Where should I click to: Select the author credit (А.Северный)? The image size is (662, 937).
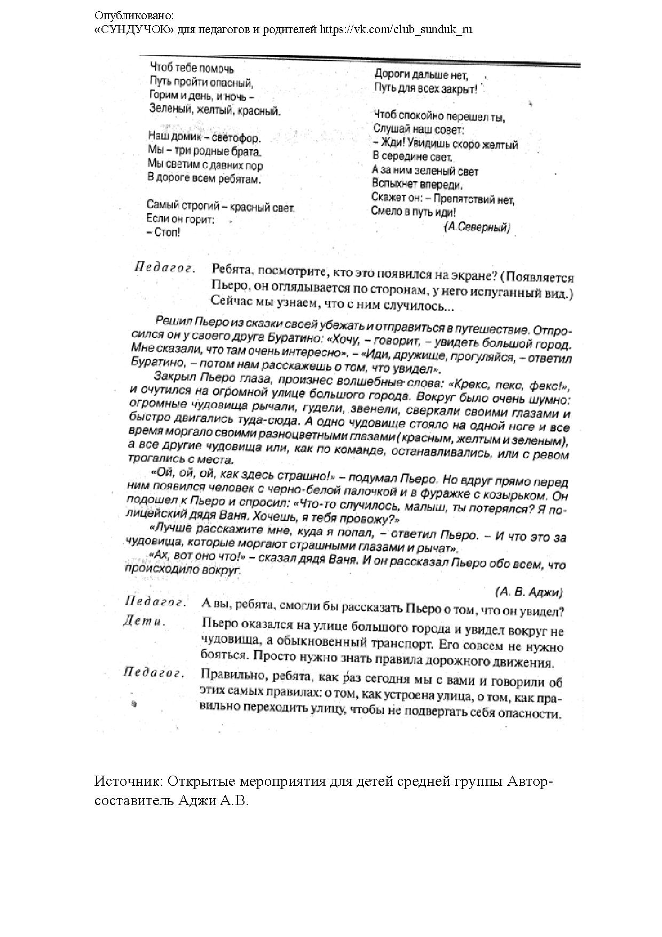[477, 227]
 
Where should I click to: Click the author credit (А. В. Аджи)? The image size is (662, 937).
[529, 591]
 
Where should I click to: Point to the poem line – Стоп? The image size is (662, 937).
[163, 233]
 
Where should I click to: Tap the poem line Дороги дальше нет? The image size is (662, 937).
[421, 74]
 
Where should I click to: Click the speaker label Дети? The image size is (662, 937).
[145, 621]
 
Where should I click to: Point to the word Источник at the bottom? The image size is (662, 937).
[127, 782]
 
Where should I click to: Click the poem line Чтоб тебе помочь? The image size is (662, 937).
[192, 68]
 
